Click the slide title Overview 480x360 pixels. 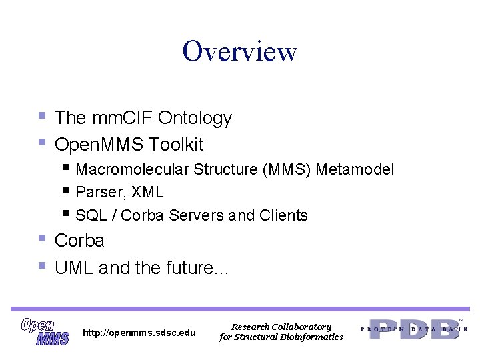[x=240, y=51]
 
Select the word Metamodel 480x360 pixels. [x=355, y=170]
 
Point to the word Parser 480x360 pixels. [x=100, y=192]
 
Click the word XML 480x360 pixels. [x=147, y=192]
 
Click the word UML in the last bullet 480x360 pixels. [x=74, y=268]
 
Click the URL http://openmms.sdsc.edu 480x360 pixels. [x=139, y=333]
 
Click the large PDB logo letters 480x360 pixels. [x=414, y=329]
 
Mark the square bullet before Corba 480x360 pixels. [x=42, y=238]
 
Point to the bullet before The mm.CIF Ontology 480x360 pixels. [x=42, y=116]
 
